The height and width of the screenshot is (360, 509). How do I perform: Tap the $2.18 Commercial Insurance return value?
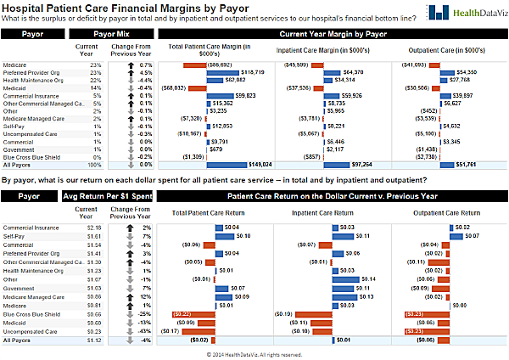(x=94, y=228)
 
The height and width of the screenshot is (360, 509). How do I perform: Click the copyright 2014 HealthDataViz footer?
(x=254, y=354)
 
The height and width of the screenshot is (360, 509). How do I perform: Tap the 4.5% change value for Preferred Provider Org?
(x=145, y=72)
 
